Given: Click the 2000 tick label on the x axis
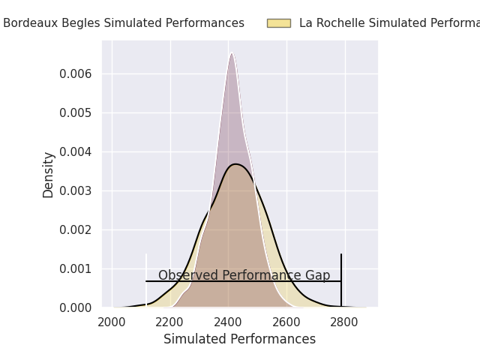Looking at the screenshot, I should click(112, 322).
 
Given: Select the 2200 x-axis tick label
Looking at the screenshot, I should click(170, 322).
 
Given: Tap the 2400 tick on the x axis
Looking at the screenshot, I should click(228, 322).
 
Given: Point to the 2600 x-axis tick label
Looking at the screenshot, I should click(286, 322).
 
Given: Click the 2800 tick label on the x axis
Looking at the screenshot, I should click(344, 322).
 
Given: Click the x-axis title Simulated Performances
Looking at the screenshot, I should click(239, 339).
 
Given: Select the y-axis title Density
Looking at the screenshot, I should click(49, 174).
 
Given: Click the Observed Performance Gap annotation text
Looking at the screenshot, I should click(244, 275).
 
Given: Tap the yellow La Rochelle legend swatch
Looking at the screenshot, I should click(278, 23).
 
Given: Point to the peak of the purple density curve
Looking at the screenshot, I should click(232, 52).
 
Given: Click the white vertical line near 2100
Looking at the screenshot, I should click(146, 279).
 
